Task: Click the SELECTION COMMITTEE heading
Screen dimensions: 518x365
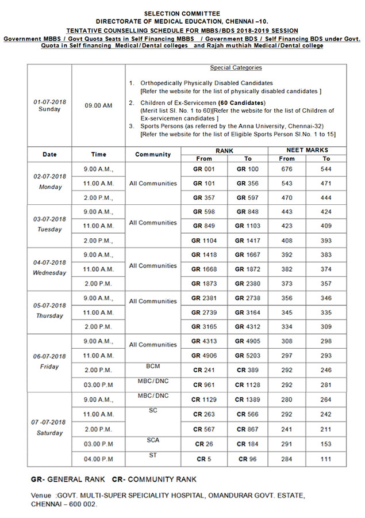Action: [182, 12]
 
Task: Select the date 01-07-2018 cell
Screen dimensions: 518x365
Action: [49, 102]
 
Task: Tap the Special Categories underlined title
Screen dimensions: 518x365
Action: [236, 68]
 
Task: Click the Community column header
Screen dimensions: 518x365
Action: [153, 154]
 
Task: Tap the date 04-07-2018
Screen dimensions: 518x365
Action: [49, 262]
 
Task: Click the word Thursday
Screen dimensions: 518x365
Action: [49, 315]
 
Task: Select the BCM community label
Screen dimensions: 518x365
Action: [153, 366]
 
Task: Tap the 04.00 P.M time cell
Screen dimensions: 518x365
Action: [98, 459]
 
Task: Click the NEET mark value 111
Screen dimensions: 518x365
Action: [326, 459]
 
